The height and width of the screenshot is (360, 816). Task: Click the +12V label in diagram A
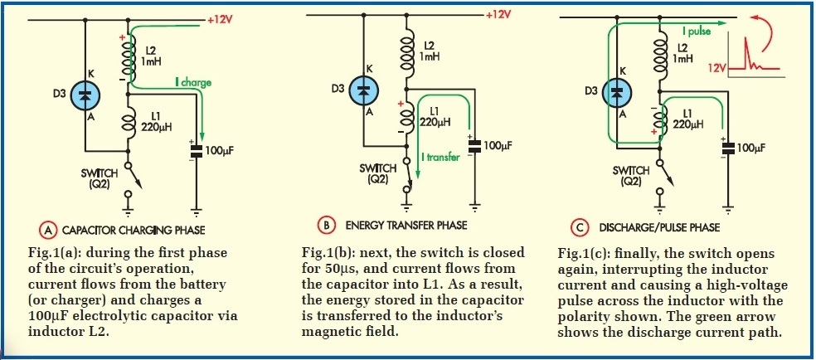(x=221, y=17)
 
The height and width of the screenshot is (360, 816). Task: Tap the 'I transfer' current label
(x=440, y=156)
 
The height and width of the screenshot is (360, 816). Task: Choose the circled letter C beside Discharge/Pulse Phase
(x=580, y=226)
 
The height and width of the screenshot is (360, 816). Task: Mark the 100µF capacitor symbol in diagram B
(x=475, y=145)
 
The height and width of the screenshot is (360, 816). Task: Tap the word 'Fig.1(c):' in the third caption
(x=585, y=252)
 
